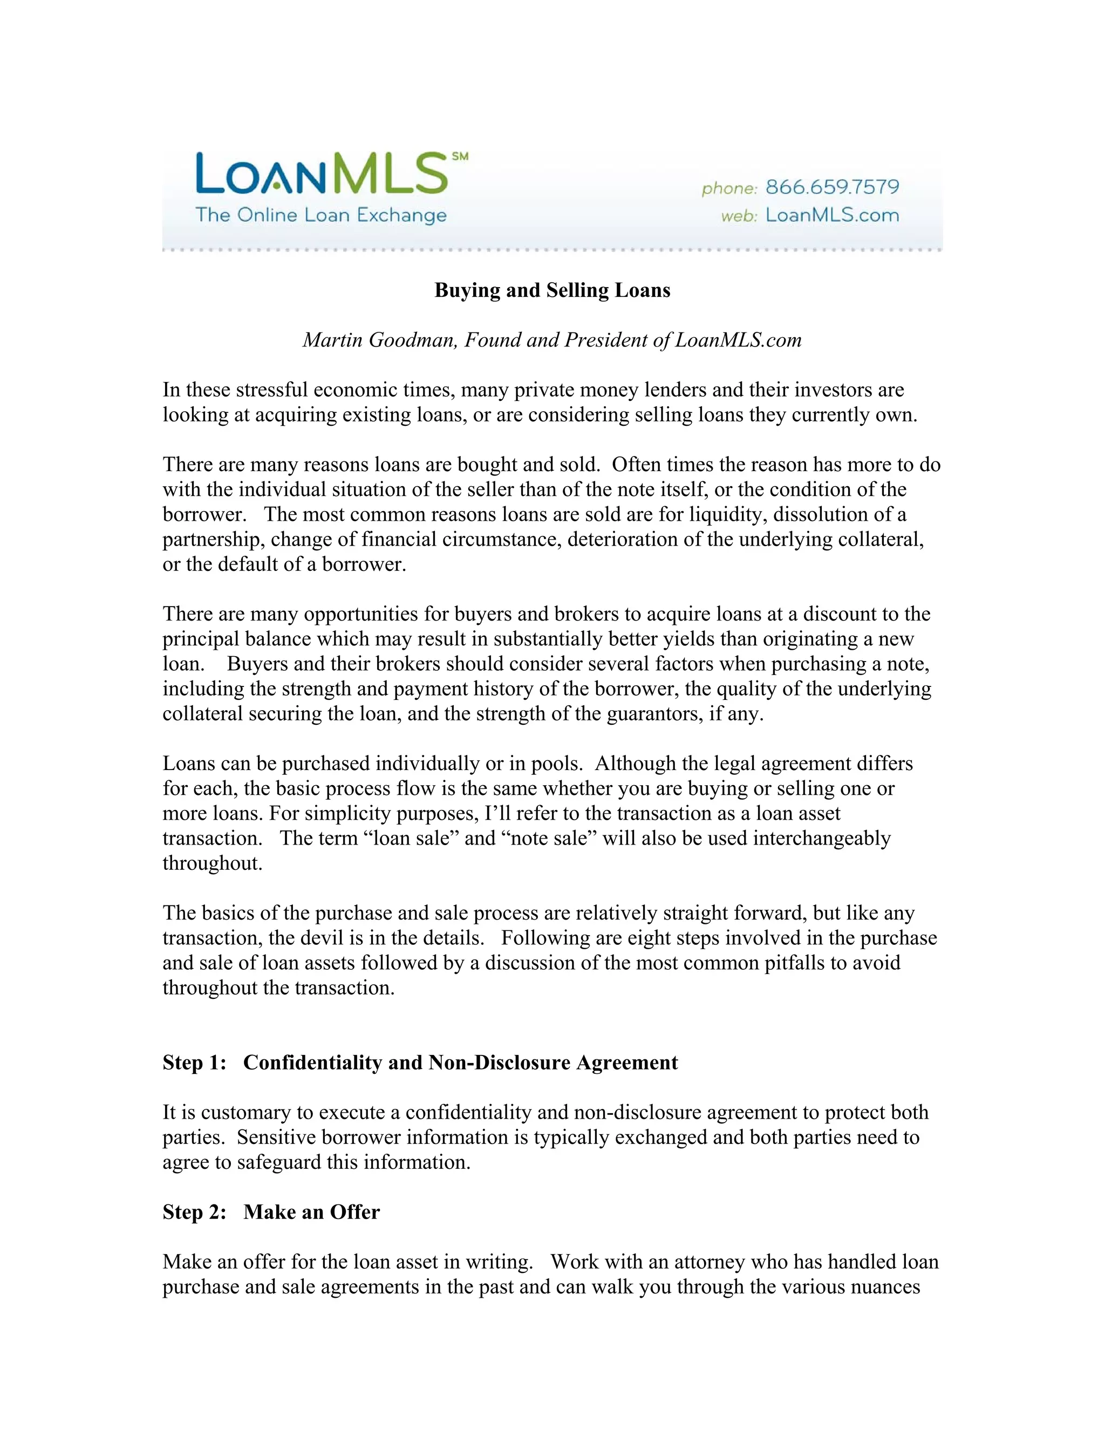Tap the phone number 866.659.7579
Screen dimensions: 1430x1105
[832, 187]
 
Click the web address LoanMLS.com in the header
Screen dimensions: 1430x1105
[832, 215]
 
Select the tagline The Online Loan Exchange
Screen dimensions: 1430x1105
[321, 215]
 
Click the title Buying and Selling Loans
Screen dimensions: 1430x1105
[552, 290]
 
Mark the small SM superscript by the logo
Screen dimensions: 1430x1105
[460, 156]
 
